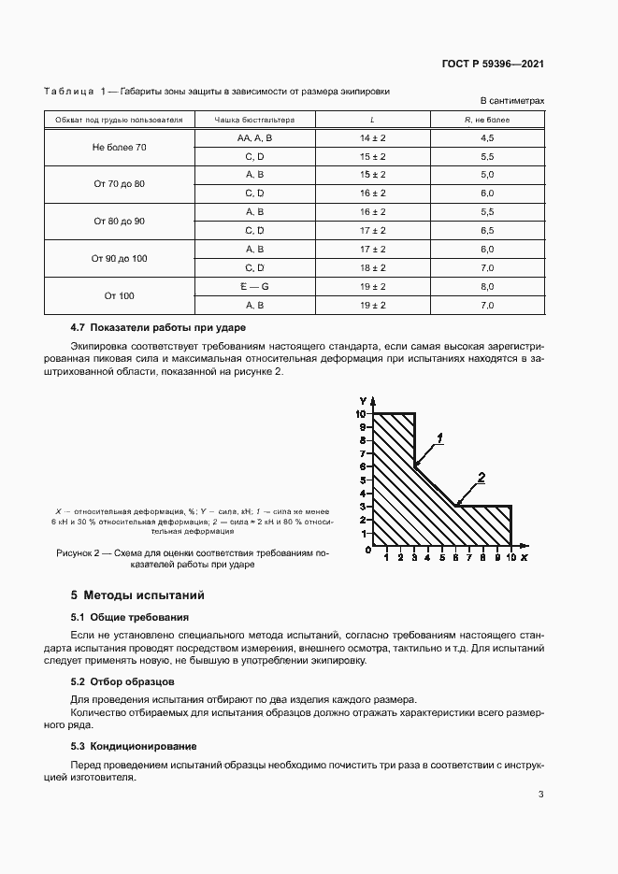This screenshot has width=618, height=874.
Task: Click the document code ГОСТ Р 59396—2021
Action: pyautogui.click(x=493, y=64)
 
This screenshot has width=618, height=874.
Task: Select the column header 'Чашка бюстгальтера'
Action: pyautogui.click(x=254, y=120)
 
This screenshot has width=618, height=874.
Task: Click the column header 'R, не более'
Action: pyautogui.click(x=486, y=120)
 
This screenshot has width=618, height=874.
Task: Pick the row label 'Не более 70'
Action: pyautogui.click(x=119, y=148)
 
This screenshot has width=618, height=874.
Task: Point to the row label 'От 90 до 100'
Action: pyautogui.click(x=119, y=258)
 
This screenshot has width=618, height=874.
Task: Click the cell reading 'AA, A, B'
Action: pyautogui.click(x=254, y=138)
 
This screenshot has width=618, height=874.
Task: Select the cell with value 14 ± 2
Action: pyautogui.click(x=373, y=138)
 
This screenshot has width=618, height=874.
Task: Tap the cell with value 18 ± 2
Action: pyautogui.click(x=373, y=267)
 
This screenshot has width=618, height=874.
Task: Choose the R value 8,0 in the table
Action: pyautogui.click(x=486, y=286)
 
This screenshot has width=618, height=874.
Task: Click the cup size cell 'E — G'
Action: pyautogui.click(x=254, y=286)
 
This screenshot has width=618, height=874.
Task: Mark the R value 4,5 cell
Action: pyautogui.click(x=486, y=138)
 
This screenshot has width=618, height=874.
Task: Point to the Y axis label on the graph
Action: pyautogui.click(x=361, y=401)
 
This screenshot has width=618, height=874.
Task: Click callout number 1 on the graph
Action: pyautogui.click(x=439, y=437)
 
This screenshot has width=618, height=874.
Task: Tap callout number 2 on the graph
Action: pyautogui.click(x=481, y=478)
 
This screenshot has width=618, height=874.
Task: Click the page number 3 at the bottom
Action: pyautogui.click(x=541, y=795)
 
